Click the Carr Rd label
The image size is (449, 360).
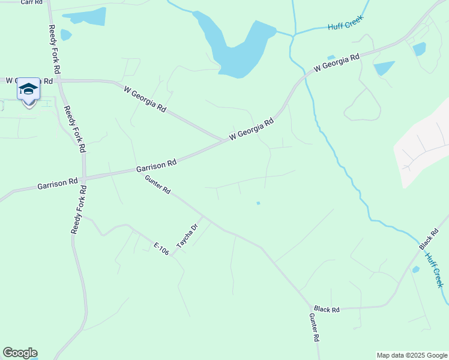[32, 2]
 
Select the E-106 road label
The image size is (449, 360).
[161, 249]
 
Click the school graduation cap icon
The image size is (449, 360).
[28, 89]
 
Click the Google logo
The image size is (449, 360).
[20, 353]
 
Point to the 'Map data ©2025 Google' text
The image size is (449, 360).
[412, 355]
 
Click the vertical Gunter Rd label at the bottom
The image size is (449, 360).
[314, 328]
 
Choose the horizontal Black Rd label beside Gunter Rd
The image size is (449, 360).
[327, 310]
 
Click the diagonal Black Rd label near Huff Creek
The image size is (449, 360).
[429, 239]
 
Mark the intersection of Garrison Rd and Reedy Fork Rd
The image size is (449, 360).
[85, 178]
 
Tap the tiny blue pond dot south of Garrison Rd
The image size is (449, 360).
[258, 203]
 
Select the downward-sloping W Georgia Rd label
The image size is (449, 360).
[145, 100]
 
